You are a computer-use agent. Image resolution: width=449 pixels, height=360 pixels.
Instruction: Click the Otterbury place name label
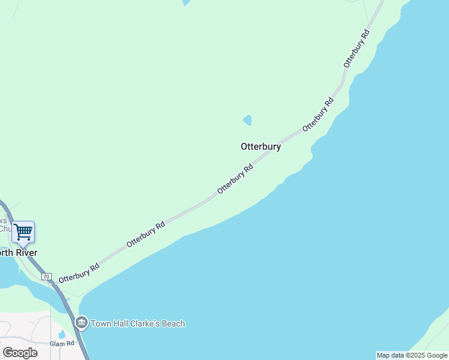261,146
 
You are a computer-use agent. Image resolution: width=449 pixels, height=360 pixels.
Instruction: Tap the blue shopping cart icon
23,232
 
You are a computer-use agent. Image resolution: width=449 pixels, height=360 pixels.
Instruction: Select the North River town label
18,253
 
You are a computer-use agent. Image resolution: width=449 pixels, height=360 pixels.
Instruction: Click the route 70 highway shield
46,277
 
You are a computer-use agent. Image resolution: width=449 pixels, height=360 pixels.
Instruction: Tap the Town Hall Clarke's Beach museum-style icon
82,323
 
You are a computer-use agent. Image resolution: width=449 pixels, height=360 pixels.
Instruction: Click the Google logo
20,353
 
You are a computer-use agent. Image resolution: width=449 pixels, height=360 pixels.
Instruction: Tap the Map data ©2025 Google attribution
412,355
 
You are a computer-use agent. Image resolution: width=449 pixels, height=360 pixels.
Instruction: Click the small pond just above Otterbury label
247,120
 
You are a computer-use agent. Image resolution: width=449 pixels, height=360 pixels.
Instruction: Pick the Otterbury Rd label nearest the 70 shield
79,273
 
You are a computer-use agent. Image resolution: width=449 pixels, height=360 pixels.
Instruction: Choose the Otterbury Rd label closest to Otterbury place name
235,178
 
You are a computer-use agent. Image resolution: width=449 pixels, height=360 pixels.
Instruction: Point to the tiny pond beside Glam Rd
62,334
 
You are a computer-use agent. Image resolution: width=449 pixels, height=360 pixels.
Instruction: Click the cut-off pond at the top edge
186,2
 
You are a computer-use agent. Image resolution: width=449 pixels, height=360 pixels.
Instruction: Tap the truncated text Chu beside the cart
5,229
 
